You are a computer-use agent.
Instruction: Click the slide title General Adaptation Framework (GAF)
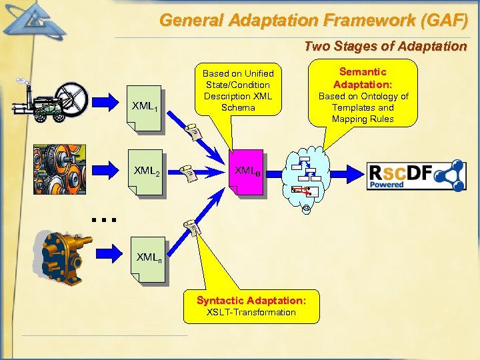(x=313, y=20)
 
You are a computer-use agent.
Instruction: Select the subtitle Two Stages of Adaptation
(x=385, y=47)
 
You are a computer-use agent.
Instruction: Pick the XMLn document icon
(x=150, y=257)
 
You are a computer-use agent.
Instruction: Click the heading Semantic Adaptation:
(x=363, y=78)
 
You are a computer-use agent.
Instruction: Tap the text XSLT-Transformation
(x=251, y=312)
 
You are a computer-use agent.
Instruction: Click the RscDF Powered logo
(x=416, y=175)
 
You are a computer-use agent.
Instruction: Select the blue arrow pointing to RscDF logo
(x=346, y=175)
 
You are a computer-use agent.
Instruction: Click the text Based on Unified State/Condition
(x=238, y=79)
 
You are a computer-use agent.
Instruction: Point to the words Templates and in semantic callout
(x=363, y=107)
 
